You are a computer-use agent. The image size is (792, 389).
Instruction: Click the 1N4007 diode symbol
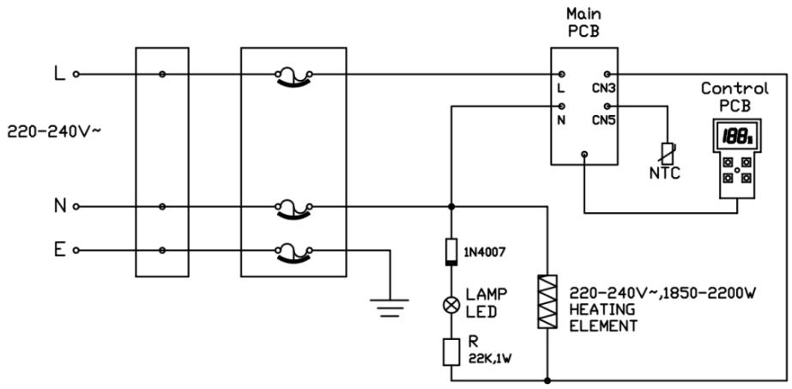click(x=451, y=252)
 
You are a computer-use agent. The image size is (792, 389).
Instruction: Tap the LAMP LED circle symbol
click(x=451, y=303)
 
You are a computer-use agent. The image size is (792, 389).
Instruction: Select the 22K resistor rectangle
click(x=451, y=352)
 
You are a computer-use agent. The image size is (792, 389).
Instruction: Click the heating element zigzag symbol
click(x=547, y=301)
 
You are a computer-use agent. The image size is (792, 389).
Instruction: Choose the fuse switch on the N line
click(x=293, y=207)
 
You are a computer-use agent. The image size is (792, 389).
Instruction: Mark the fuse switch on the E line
click(x=293, y=250)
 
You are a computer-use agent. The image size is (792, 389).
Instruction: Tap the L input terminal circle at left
click(x=77, y=75)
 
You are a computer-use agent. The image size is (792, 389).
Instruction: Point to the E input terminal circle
click(x=77, y=250)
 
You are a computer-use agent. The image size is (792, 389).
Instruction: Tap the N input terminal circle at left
click(x=77, y=206)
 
